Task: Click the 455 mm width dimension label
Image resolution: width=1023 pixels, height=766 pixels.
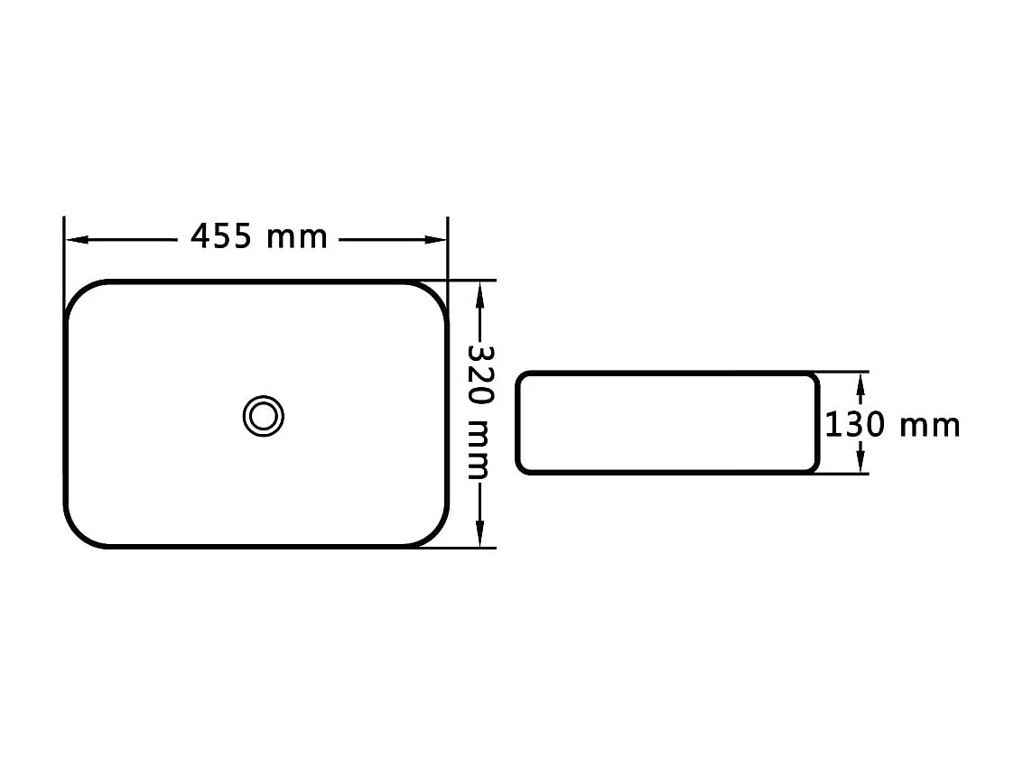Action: (258, 237)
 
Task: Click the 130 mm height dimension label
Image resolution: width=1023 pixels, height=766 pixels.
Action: (892, 424)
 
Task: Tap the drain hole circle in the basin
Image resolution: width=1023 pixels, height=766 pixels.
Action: (264, 416)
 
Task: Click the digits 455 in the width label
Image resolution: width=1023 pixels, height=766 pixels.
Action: (220, 237)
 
